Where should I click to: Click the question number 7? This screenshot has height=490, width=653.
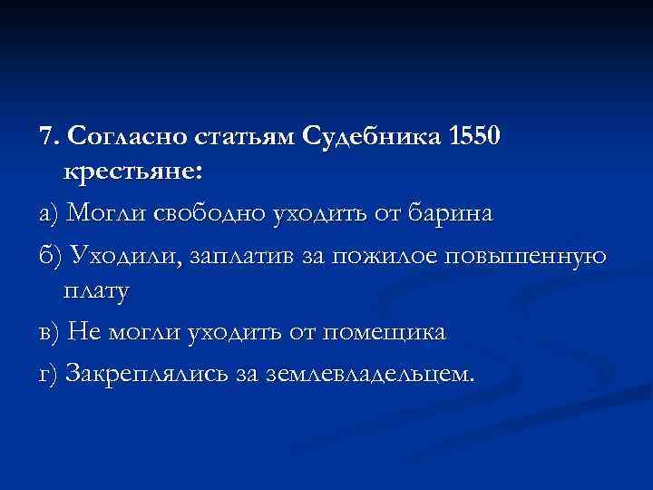[x=47, y=136]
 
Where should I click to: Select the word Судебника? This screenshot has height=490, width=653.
[x=369, y=136]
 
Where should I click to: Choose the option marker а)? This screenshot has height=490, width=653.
[x=49, y=214]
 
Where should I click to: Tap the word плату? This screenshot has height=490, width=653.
[x=96, y=292]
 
